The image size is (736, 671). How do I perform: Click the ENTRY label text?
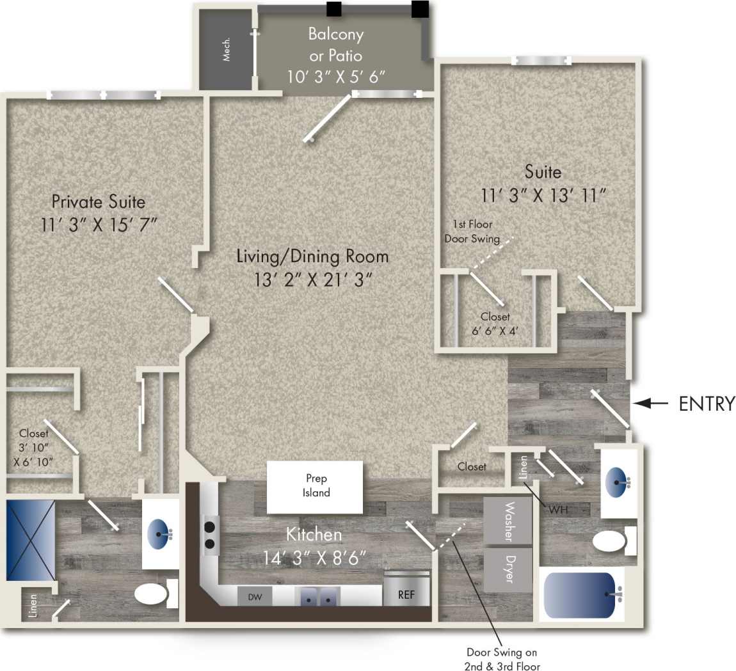pos(706,404)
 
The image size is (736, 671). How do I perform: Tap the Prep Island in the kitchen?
pos(316,486)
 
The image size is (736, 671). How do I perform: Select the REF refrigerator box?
pos(406,594)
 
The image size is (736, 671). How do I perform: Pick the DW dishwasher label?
pos(255,597)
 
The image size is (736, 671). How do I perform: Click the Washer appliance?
pos(508,521)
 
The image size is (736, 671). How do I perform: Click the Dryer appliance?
pos(508,569)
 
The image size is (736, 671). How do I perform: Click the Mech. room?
pos(226,49)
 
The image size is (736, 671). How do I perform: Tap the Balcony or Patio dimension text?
pos(335,77)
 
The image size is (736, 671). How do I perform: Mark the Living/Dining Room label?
pos(312,257)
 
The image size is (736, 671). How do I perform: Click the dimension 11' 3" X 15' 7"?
pos(99,225)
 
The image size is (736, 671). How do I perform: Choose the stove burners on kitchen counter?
pos(209,535)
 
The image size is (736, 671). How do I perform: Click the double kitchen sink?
pos(318,597)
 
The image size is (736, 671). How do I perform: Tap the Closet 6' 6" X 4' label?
pos(495,324)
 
